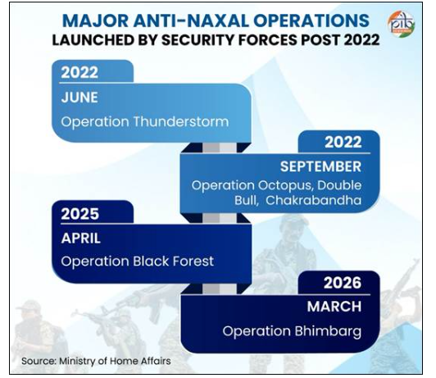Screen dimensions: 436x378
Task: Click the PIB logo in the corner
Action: click(402, 24)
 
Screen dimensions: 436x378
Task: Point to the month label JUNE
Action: click(79, 98)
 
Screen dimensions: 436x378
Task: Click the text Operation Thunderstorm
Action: click(145, 121)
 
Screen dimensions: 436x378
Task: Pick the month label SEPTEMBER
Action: click(320, 166)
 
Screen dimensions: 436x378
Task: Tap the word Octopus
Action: click(285, 185)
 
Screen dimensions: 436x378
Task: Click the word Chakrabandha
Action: click(313, 200)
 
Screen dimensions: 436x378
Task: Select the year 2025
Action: click(80, 214)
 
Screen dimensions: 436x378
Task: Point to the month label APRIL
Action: click(81, 239)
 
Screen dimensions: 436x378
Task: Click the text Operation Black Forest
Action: click(138, 262)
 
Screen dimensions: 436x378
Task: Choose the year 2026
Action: click(343, 283)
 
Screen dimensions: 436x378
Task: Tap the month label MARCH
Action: click(334, 307)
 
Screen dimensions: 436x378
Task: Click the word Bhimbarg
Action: click(328, 331)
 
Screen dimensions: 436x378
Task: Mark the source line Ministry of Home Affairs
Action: click(115, 361)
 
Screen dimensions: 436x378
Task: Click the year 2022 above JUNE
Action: click(79, 73)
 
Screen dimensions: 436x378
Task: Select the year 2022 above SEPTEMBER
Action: click(343, 142)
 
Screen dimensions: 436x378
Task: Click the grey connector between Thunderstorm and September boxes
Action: click(220, 148)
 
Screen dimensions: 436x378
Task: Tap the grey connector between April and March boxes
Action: click(220, 289)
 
